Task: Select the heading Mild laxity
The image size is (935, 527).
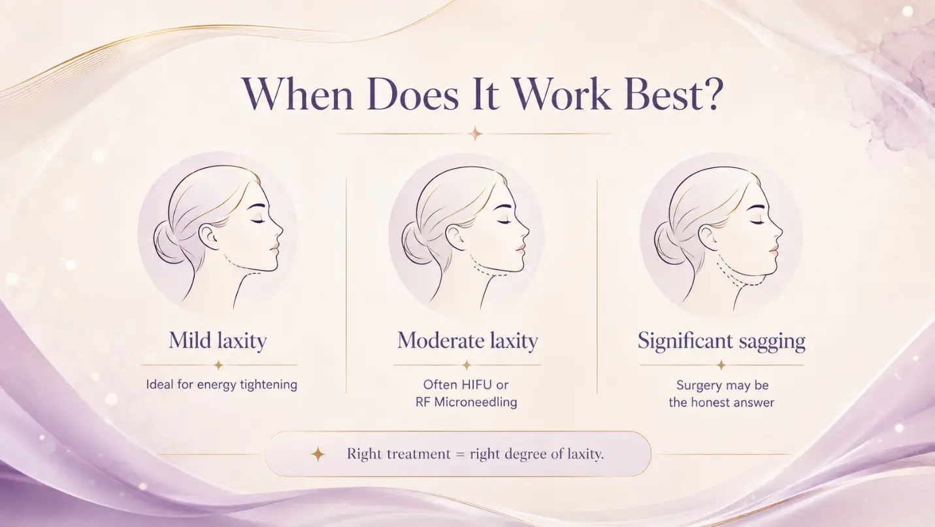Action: tap(218, 341)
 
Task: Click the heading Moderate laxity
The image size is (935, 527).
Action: tap(468, 341)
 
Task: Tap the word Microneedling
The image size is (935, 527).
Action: tap(476, 402)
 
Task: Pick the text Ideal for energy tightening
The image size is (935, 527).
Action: tap(221, 384)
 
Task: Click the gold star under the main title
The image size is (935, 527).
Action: tap(474, 134)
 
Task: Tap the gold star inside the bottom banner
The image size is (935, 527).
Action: tap(318, 454)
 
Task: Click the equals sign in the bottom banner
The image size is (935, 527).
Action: tap(460, 454)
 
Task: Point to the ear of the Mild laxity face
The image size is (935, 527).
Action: tap(208, 236)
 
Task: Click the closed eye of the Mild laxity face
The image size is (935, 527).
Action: tap(257, 220)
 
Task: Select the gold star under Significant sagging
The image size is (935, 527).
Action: tap(721, 365)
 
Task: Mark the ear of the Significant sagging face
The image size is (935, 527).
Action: tap(708, 237)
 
